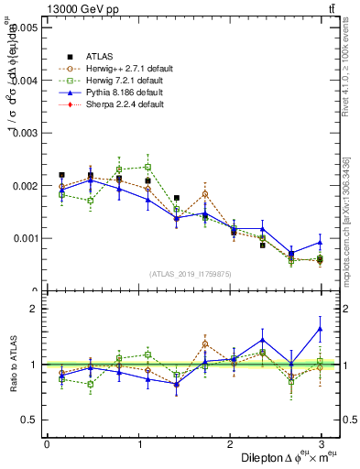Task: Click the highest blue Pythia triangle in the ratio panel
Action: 321,329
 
